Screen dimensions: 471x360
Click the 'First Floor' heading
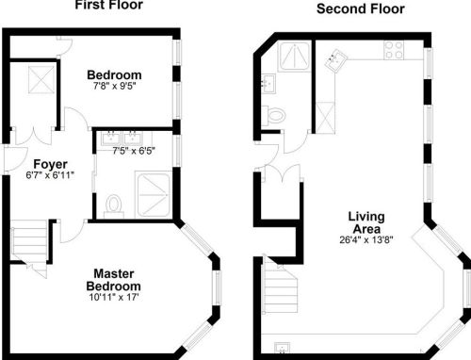click(109, 5)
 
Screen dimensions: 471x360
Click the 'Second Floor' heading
click(361, 8)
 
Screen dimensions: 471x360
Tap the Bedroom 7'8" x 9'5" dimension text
click(114, 86)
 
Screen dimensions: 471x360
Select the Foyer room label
click(50, 164)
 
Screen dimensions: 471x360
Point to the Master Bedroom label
click(114, 280)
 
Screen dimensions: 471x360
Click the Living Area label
click(366, 222)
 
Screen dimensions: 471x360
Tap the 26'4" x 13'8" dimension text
click(366, 240)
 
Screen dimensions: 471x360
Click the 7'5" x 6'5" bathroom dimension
click(134, 151)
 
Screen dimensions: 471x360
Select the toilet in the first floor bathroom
click(114, 206)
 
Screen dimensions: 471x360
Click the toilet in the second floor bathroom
click(274, 115)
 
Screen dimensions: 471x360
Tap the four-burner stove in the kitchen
click(394, 50)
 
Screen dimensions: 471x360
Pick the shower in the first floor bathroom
click(154, 195)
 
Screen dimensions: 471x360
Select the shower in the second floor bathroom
click(294, 57)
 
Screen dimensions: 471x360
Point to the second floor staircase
click(281, 285)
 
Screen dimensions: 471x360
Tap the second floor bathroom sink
click(268, 83)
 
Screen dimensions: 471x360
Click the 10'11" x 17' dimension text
click(114, 297)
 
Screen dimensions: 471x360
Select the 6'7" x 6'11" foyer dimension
click(50, 175)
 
